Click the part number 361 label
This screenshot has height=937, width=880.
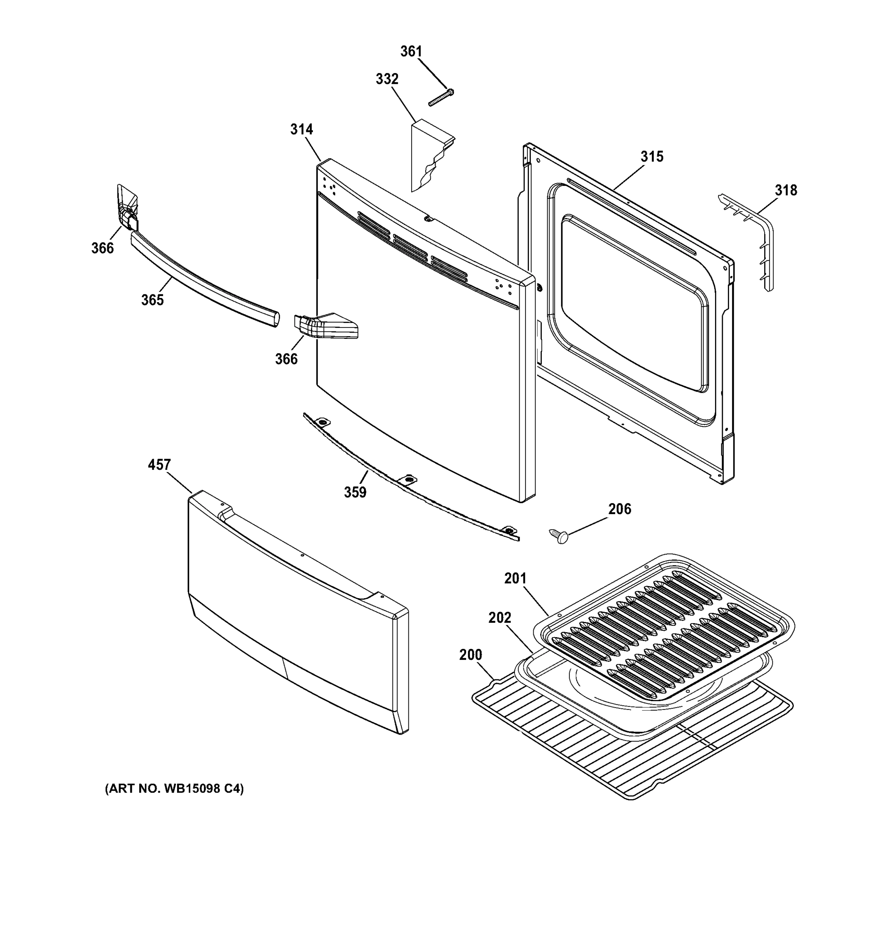pyautogui.click(x=411, y=52)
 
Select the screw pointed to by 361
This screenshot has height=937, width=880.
pyautogui.click(x=441, y=97)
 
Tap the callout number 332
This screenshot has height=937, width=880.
pyautogui.click(x=387, y=79)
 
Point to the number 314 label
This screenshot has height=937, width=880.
pyautogui.click(x=302, y=129)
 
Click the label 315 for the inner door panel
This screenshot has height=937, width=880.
pyautogui.click(x=652, y=157)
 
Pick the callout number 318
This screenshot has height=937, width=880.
pyautogui.click(x=786, y=191)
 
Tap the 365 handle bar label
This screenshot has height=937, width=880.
pyautogui.click(x=153, y=300)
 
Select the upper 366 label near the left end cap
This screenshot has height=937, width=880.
pyautogui.click(x=102, y=248)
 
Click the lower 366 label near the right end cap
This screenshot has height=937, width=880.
pyautogui.click(x=286, y=359)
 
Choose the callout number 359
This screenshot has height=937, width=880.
pyautogui.click(x=355, y=492)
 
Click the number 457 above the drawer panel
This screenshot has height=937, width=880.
pyautogui.click(x=159, y=465)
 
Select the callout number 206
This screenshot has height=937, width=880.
pyautogui.click(x=619, y=509)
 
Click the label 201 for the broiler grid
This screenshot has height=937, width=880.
pyautogui.click(x=515, y=578)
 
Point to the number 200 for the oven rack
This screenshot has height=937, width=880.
pyautogui.click(x=470, y=655)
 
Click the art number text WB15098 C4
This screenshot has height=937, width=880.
pyautogui.click(x=174, y=789)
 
